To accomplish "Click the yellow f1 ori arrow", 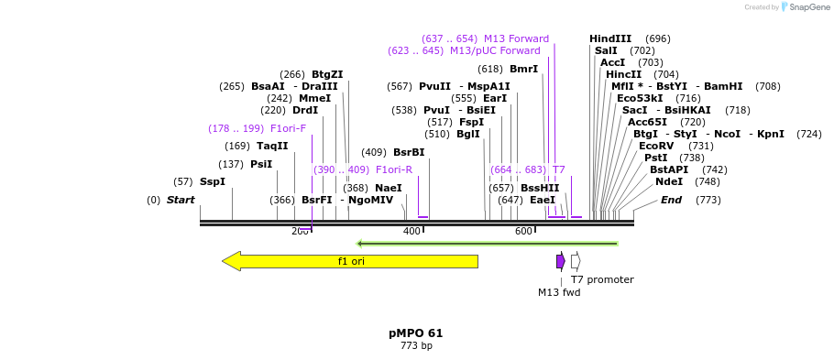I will pyautogui.click(x=350, y=261).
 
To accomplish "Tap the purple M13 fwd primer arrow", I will pyautogui.click(x=560, y=261).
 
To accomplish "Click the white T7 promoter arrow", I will pyautogui.click(x=576, y=261).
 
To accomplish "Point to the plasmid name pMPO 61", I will pyautogui.click(x=415, y=333).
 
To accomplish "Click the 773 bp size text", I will pyautogui.click(x=415, y=346).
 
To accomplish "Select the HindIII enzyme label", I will pyautogui.click(x=610, y=38).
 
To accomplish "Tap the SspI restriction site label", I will pyautogui.click(x=212, y=181).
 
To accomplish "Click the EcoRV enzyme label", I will pyautogui.click(x=656, y=146).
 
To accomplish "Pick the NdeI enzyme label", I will pyautogui.click(x=668, y=181).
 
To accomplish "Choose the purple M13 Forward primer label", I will pyautogui.click(x=516, y=38).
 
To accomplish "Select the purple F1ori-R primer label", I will pyautogui.click(x=394, y=169).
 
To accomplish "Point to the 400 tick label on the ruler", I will pyautogui.click(x=412, y=231).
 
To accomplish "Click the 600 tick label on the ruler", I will pyautogui.click(x=523, y=231).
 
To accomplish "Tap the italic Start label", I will pyautogui.click(x=181, y=200).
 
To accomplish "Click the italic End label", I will pyautogui.click(x=671, y=200).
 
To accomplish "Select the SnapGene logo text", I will pyautogui.click(x=806, y=7).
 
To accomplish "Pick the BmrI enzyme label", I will pyautogui.click(x=523, y=69).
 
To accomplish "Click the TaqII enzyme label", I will pyautogui.click(x=272, y=146).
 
